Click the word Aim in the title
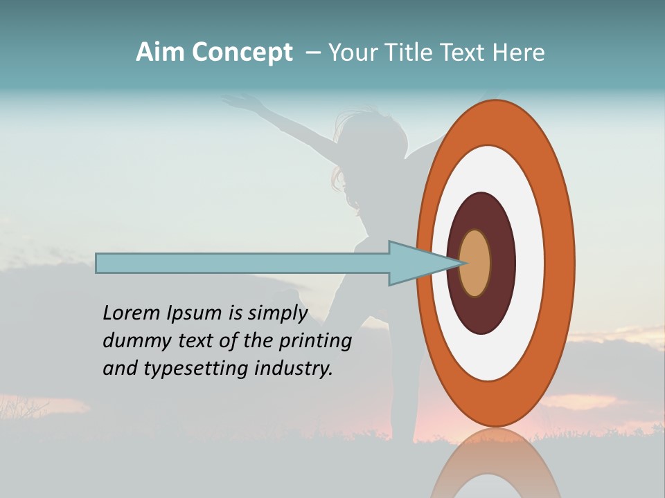(x=160, y=53)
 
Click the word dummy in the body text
(x=132, y=341)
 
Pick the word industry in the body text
(x=294, y=369)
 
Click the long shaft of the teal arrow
(x=242, y=263)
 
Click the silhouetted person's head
(x=360, y=135)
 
